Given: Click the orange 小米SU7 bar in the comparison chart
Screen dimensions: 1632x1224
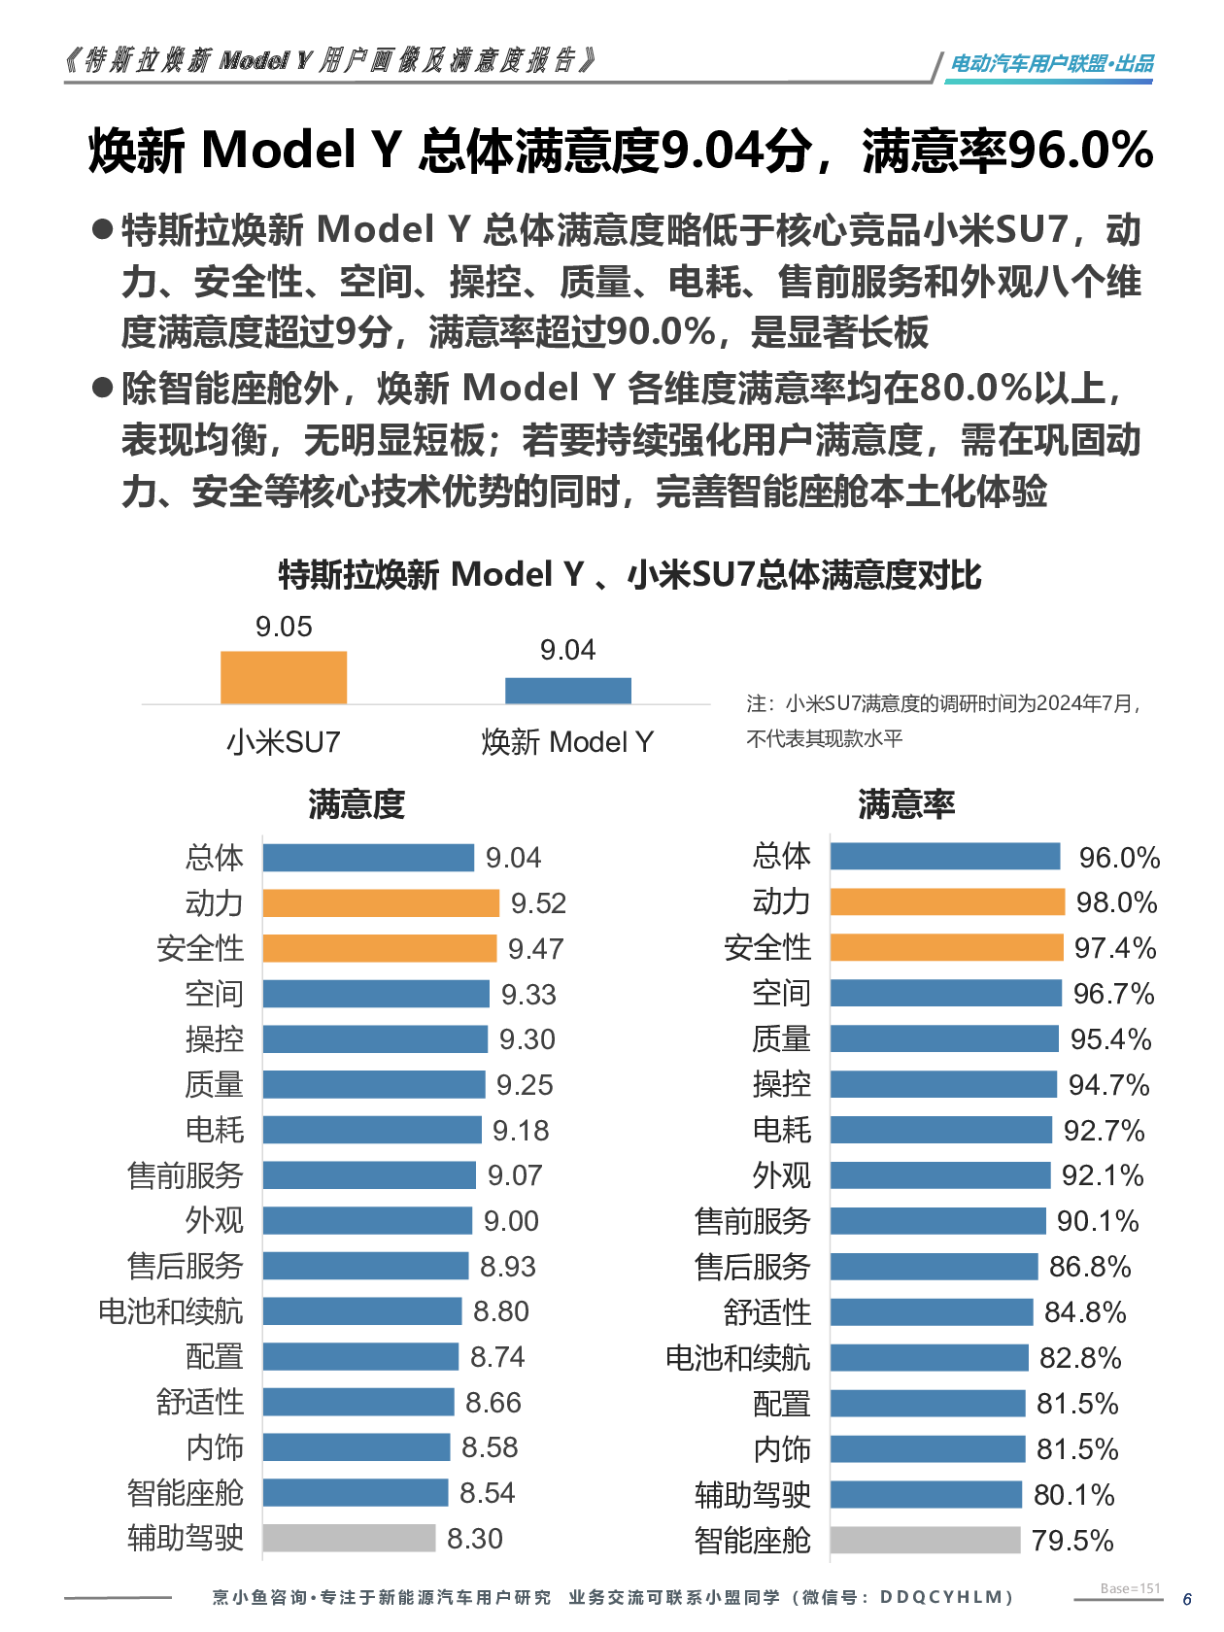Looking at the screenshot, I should pos(284,677).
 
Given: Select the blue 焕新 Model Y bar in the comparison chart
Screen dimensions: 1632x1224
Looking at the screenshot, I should pos(567,691).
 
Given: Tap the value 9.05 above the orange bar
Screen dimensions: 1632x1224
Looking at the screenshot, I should pos(284,628).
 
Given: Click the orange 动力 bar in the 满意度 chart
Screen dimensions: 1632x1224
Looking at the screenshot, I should pos(381,903).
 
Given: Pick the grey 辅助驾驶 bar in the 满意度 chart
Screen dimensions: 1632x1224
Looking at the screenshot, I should pos(349,1539).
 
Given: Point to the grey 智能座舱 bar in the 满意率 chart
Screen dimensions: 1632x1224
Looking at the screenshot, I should pos(925,1541).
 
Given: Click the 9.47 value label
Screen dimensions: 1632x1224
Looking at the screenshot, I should pos(535,949).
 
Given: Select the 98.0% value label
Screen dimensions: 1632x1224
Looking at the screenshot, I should pos(1116,903).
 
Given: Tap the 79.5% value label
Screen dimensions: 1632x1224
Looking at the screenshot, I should pos(1072,1541).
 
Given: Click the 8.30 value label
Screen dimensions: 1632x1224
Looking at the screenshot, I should pos(475,1539).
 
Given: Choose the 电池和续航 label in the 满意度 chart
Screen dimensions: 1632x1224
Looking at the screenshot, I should pos(171,1311).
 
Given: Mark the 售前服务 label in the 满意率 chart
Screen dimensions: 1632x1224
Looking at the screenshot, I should pos(753,1221).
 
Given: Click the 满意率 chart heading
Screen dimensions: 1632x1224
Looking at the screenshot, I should pos(906,804).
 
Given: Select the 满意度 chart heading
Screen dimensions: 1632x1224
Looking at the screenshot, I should pos(357,804).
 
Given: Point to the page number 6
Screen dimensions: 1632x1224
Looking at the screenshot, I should pos(1187,1599).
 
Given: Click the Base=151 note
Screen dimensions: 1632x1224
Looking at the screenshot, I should pos(1131,1588).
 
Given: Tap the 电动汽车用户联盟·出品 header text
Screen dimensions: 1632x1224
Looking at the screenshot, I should pos(1052,64).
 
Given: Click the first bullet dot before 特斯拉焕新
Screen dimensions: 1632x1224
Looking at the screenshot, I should pos(103,230).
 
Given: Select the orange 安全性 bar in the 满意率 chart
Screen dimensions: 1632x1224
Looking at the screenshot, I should pos(947,948).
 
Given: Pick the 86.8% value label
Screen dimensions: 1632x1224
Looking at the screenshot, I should pos(1090,1267).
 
